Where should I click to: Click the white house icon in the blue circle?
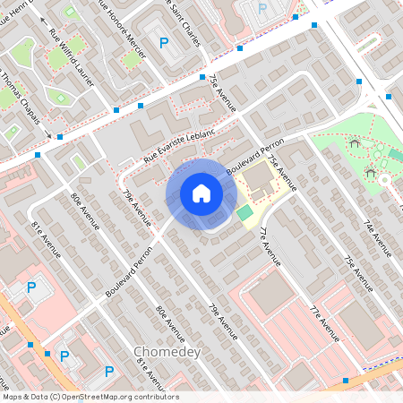click(x=201, y=193)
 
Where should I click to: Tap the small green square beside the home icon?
click(x=244, y=212)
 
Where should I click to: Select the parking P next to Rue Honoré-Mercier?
click(x=163, y=42)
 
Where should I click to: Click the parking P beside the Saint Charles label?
click(x=262, y=8)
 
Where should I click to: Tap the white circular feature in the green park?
click(x=384, y=180)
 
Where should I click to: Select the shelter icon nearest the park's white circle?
click(x=370, y=171)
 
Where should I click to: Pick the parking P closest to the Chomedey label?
click(x=109, y=371)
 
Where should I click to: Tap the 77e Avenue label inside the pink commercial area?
click(x=323, y=324)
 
